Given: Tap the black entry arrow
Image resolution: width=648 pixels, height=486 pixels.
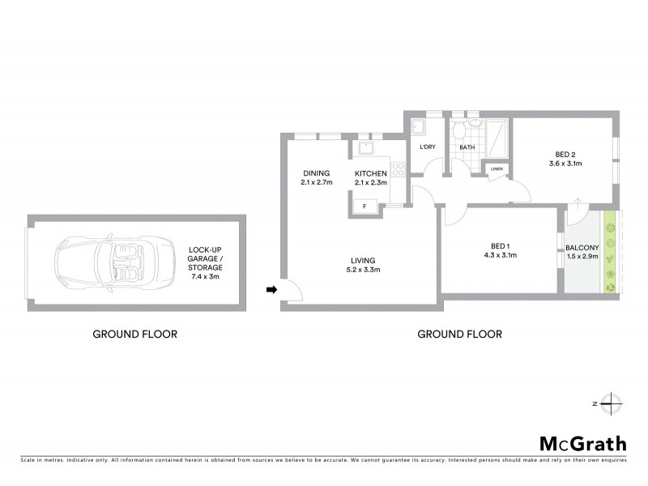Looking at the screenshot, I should click(271, 289).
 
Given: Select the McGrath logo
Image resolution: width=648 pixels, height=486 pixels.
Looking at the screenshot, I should click(583, 443).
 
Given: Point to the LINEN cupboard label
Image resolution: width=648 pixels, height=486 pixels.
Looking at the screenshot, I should click(497, 169).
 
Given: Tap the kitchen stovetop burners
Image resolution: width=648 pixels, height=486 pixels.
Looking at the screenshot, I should click(398, 170).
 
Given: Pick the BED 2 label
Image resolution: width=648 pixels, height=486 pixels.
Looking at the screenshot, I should click(565, 154).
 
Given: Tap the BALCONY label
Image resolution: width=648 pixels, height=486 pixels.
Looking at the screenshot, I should click(582, 247).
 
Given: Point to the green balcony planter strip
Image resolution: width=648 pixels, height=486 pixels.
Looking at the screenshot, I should click(612, 252).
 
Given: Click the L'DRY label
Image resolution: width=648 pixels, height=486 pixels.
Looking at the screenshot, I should click(427, 148).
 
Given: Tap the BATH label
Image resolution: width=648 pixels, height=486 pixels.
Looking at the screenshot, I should click(467, 148).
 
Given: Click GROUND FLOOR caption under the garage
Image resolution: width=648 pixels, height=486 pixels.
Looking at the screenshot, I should click(134, 334).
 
